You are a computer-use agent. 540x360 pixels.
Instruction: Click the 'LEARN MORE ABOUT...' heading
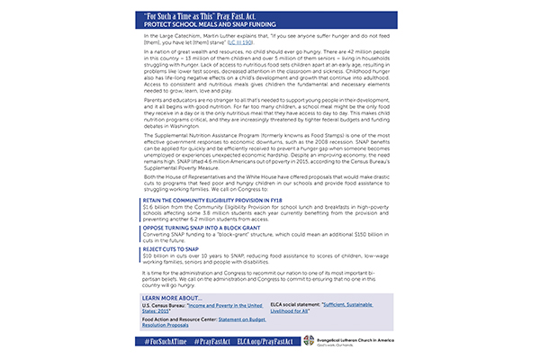172,296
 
